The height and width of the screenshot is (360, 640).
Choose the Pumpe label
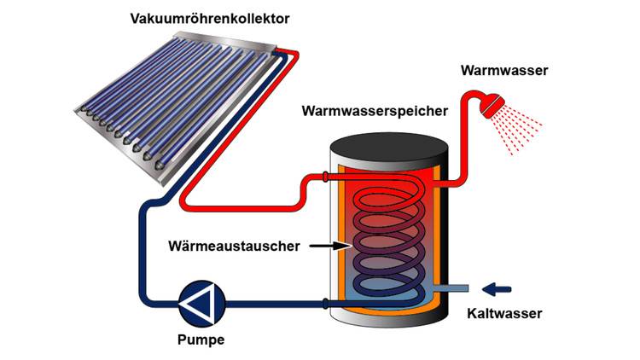coord(201,339)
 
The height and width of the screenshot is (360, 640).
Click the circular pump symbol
coord(201,302)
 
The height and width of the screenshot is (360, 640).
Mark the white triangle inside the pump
coord(200,302)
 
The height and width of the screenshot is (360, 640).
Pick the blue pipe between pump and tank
coord(273,303)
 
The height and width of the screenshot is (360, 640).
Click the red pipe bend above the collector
coord(294,55)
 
